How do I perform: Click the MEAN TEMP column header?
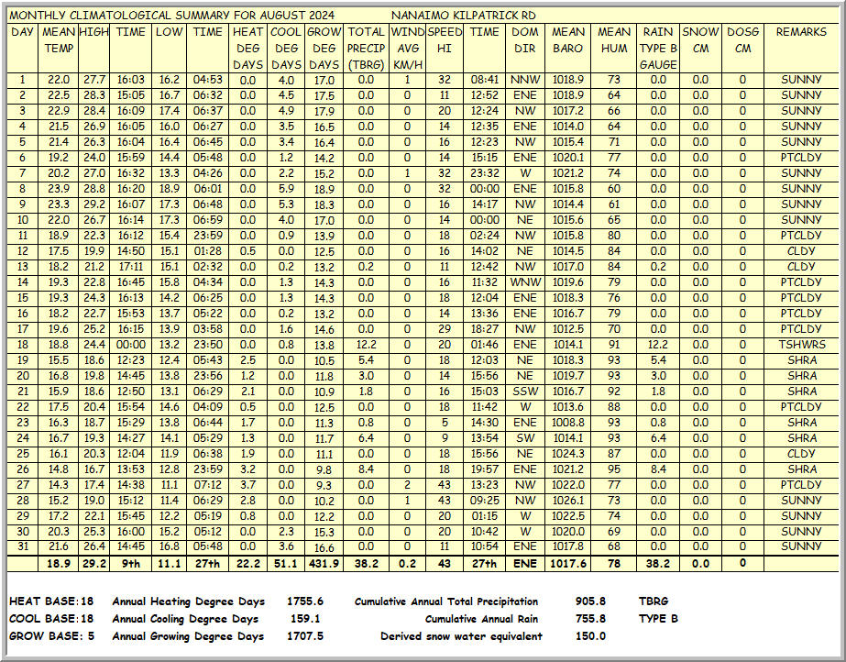(x=58, y=40)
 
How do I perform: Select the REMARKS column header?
(x=801, y=32)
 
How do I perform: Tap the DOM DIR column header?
(x=525, y=40)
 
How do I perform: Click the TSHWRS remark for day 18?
(x=801, y=345)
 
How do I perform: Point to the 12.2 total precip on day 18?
(x=366, y=345)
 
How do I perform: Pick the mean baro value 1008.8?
(x=568, y=423)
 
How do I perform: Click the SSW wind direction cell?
(x=525, y=392)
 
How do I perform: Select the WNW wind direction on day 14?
(x=525, y=282)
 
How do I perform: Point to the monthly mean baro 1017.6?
(x=568, y=564)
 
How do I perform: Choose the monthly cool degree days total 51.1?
(x=286, y=564)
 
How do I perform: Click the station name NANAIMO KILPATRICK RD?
(x=463, y=16)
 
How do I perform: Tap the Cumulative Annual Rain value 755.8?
(x=590, y=619)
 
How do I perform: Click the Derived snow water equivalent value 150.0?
(x=590, y=636)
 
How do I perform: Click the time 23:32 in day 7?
(x=484, y=173)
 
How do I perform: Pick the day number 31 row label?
(x=22, y=547)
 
